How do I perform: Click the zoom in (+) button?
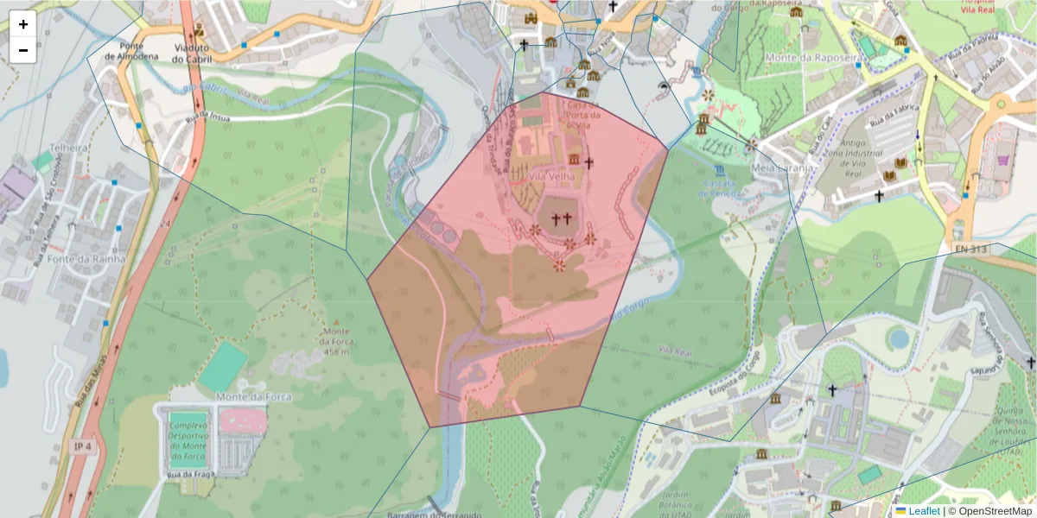click(x=23, y=24)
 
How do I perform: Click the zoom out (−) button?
click(x=23, y=50)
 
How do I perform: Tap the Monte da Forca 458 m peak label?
click(x=337, y=341)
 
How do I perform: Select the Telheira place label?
click(x=69, y=148)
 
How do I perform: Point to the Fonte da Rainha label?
click(x=87, y=258)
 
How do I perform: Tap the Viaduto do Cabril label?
click(x=190, y=54)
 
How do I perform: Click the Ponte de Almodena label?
click(x=131, y=51)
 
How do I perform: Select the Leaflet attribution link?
click(x=923, y=511)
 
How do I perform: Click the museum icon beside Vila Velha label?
click(x=574, y=161)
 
